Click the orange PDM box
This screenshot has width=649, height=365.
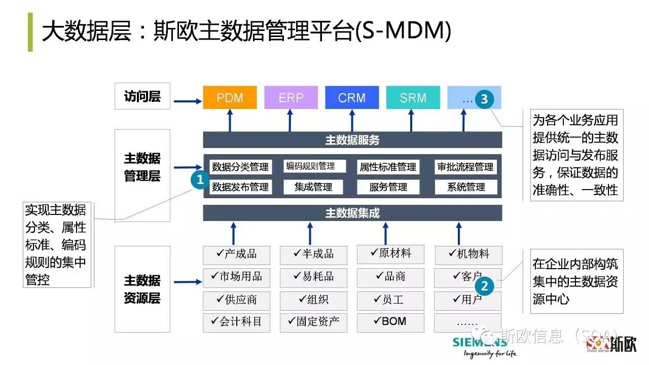(230, 97)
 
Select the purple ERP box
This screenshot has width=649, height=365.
(291, 97)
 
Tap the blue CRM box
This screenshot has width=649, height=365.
(352, 97)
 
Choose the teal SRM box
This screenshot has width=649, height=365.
(413, 97)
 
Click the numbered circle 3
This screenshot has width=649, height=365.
(484, 99)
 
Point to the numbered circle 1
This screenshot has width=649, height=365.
(200, 179)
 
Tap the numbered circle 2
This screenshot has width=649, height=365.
(484, 286)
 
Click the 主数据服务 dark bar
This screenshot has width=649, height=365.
(352, 140)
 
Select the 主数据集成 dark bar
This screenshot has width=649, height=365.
(352, 213)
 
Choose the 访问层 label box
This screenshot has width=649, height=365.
(142, 97)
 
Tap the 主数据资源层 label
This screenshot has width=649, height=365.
(142, 289)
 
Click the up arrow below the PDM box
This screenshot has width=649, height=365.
(230, 120)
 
